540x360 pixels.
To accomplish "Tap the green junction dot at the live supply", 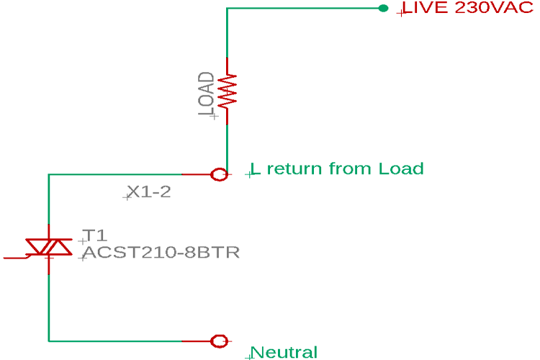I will coord(383,9).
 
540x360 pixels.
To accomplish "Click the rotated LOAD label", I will coord(206,94).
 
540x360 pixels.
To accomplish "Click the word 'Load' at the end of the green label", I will coord(400,169).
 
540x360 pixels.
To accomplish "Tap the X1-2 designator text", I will coord(149,192).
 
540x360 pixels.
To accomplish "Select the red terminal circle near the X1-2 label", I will coord(220,174).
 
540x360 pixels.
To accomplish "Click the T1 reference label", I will coord(94,235).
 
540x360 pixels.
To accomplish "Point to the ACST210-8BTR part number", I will coord(161,253).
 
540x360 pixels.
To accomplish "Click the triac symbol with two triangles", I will coord(48,247).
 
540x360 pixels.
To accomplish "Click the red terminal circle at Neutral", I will coord(220,341).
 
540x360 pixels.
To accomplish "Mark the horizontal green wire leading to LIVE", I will coord(302,9).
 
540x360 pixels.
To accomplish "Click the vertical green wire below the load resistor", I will coord(227,144).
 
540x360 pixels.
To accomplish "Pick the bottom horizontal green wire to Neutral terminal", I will coord(115,341).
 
